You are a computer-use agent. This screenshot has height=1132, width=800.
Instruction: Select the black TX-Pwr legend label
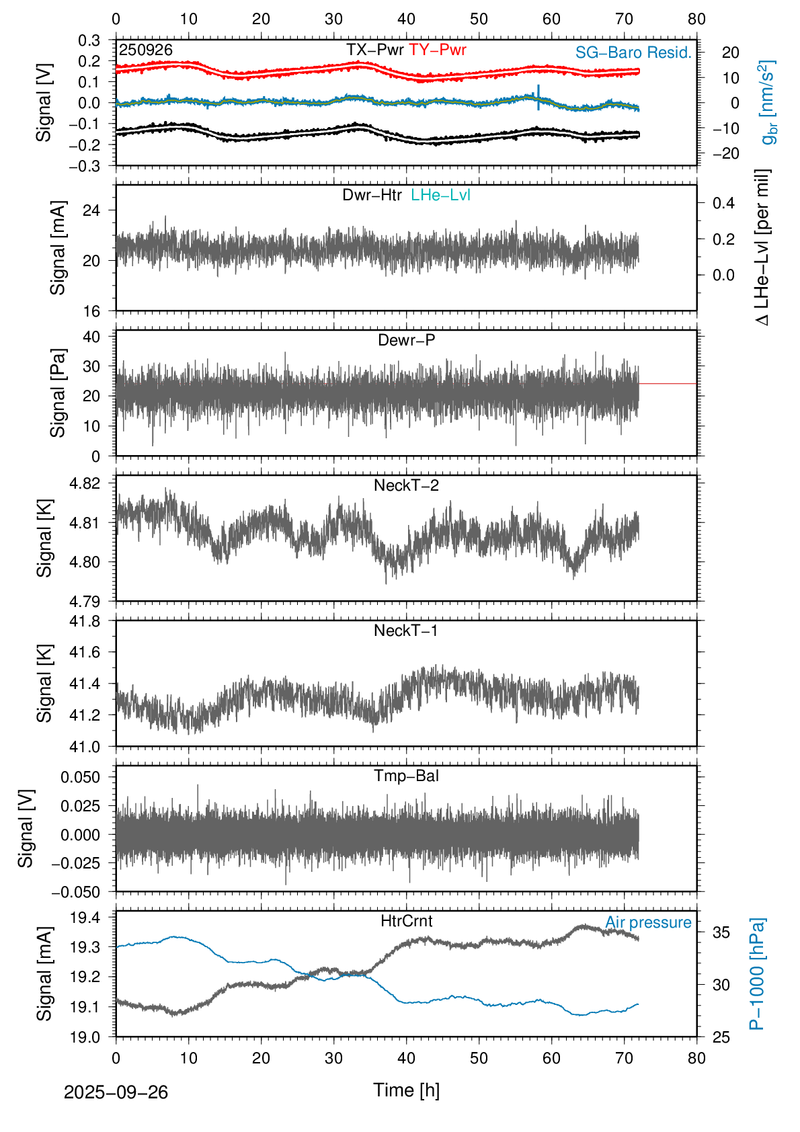pyautogui.click(x=374, y=50)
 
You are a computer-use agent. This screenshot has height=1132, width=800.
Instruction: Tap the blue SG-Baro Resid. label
pyautogui.click(x=633, y=52)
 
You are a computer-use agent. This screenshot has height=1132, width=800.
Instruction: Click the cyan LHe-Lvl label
pyautogui.click(x=440, y=195)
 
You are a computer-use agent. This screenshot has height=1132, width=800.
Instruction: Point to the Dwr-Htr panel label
pyautogui.click(x=372, y=195)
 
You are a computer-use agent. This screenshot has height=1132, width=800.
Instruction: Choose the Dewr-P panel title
pyautogui.click(x=406, y=340)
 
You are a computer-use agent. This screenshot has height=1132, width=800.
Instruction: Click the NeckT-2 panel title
pyautogui.click(x=406, y=485)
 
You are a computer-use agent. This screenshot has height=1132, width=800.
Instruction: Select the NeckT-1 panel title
pyautogui.click(x=406, y=631)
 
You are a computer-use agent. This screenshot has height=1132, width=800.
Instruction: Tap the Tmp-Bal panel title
pyautogui.click(x=406, y=776)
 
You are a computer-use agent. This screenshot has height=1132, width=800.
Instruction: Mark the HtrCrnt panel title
pyautogui.click(x=406, y=921)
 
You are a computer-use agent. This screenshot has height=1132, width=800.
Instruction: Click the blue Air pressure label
pyautogui.click(x=648, y=922)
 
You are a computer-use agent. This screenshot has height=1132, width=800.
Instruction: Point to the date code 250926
pyautogui.click(x=146, y=50)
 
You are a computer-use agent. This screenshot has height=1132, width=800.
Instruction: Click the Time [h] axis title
pyautogui.click(x=406, y=1090)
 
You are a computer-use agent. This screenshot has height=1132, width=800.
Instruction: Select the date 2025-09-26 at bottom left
pyautogui.click(x=116, y=1092)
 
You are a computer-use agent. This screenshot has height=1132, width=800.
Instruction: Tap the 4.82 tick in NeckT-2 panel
pyautogui.click(x=85, y=483)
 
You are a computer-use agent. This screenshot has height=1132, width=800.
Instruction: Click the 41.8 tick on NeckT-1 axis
pyautogui.click(x=85, y=621)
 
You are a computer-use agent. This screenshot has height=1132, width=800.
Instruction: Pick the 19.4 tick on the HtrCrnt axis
pyautogui.click(x=85, y=918)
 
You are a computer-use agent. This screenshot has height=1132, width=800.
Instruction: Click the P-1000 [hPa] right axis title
pyautogui.click(x=757, y=973)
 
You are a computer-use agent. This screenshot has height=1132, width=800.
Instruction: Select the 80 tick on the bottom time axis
pyautogui.click(x=696, y=1058)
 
